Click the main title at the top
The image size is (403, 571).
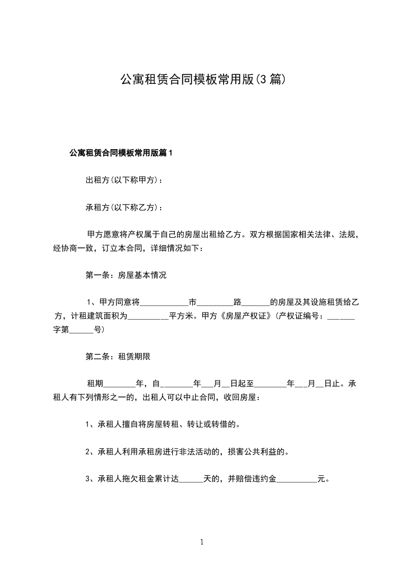[x=202, y=79]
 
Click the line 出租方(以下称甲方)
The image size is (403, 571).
[x=125, y=180]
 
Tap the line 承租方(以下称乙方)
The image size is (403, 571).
[x=125, y=208]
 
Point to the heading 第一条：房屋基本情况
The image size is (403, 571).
[x=126, y=276]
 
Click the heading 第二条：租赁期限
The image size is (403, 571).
[x=118, y=357]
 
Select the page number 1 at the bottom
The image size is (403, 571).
[x=202, y=542]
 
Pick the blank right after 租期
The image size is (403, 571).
[x=120, y=385]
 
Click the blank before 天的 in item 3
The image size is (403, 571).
[x=191, y=480]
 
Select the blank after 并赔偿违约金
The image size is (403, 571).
[x=296, y=480]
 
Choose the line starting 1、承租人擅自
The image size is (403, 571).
[x=163, y=424]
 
